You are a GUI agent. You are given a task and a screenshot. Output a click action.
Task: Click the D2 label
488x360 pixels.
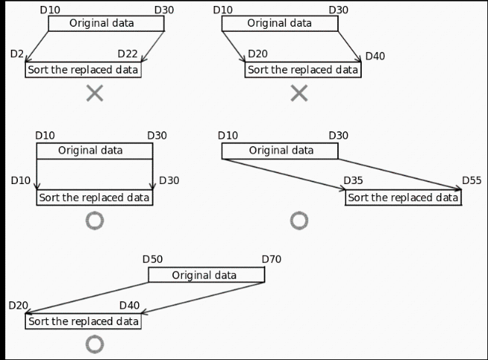click(x=17, y=54)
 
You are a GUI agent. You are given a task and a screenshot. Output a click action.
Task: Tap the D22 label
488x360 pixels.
click(x=128, y=54)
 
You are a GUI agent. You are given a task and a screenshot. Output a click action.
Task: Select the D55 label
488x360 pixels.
click(x=472, y=180)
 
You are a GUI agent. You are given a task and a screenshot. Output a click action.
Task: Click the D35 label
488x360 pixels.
click(x=353, y=180)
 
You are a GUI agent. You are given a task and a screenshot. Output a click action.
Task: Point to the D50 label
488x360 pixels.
click(x=152, y=259)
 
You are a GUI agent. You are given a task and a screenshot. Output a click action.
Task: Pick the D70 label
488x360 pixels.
click(x=271, y=259)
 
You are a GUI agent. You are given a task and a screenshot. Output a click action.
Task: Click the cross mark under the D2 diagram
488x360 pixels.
click(x=94, y=93)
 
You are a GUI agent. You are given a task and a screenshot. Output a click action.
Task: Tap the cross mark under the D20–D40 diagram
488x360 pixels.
click(x=299, y=93)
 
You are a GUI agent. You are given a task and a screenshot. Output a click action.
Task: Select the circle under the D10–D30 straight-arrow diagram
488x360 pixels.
click(x=94, y=220)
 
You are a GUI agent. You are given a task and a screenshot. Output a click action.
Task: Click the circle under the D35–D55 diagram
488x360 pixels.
click(x=299, y=220)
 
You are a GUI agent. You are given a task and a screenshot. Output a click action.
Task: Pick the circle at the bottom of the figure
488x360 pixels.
click(x=94, y=344)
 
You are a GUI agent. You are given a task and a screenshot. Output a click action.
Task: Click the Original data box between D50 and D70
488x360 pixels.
click(x=206, y=275)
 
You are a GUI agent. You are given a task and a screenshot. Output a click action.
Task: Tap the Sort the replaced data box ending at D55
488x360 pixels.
click(x=403, y=197)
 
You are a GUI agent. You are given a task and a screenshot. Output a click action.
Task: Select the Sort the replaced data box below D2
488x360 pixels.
click(x=83, y=70)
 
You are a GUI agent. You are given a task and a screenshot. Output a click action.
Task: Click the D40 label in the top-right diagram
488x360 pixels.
click(x=375, y=56)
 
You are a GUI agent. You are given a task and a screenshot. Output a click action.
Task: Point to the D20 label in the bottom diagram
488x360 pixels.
click(x=19, y=305)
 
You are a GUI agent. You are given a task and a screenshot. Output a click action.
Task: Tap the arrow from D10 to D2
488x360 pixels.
click(x=37, y=47)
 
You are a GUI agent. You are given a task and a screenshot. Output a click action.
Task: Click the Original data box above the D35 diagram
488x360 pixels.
click(x=280, y=151)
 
